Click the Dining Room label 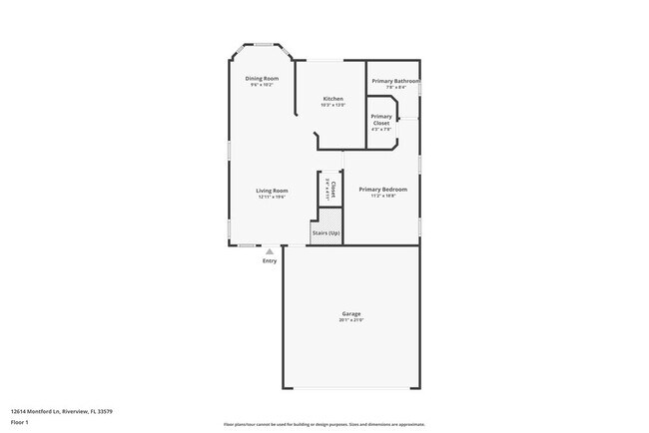pyautogui.click(x=264, y=78)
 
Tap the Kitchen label pyautogui.click(x=333, y=98)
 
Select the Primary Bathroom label pyautogui.click(x=395, y=81)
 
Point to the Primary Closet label pyautogui.click(x=381, y=120)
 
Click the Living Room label pyautogui.click(x=272, y=190)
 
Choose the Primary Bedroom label pyautogui.click(x=384, y=189)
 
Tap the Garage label pyautogui.click(x=350, y=313)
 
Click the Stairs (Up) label pyautogui.click(x=326, y=232)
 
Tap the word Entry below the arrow pyautogui.click(x=270, y=261)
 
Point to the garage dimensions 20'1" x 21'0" pyautogui.click(x=350, y=320)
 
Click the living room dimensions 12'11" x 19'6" pyautogui.click(x=272, y=197)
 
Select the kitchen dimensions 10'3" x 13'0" pyautogui.click(x=333, y=105)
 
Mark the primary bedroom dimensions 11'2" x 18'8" pyautogui.click(x=384, y=196)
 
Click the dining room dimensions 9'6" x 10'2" pyautogui.click(x=264, y=85)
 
